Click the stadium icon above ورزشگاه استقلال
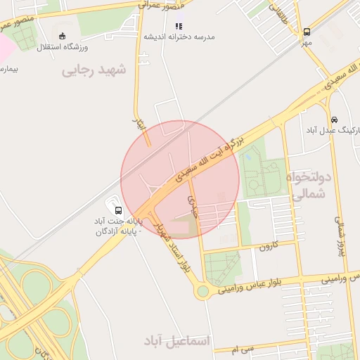coord(63,36)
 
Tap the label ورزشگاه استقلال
coord(63,46)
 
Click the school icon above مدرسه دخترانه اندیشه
coord(178,26)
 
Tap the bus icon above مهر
coord(307,32)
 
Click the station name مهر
coord(307,42)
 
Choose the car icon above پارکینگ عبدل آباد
coord(333,119)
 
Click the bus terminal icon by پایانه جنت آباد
coord(117,210)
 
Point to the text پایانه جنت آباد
coord(118,221)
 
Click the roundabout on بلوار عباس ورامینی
coord(202,291)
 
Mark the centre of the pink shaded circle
coord(180,179)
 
